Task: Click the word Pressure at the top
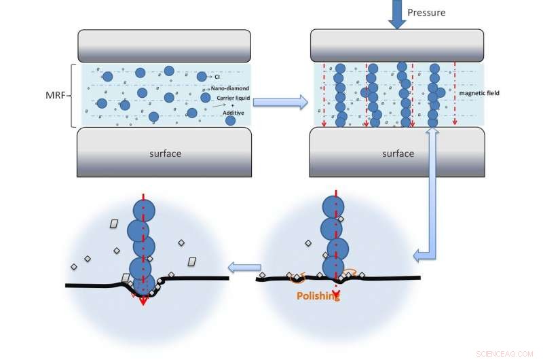point(426,12)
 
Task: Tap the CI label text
point(217,77)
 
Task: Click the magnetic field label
point(479,92)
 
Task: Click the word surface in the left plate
point(166,154)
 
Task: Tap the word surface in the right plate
point(398,154)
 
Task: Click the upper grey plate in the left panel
point(166,46)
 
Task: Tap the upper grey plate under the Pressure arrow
point(398,46)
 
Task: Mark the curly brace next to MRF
point(73,95)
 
